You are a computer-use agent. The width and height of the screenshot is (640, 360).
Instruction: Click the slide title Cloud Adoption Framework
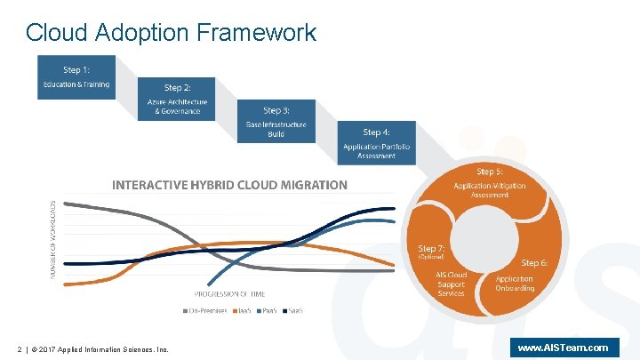(171, 33)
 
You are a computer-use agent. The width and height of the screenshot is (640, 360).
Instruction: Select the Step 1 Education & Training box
(76, 76)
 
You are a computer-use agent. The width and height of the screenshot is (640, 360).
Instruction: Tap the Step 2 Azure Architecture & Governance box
(177, 99)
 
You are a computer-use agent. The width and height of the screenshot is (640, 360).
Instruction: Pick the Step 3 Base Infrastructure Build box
(276, 121)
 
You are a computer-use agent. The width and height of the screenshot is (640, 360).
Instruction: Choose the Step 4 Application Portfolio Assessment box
(376, 143)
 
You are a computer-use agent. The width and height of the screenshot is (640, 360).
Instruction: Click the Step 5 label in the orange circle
(490, 172)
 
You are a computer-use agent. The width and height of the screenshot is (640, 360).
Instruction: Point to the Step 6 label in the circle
(534, 263)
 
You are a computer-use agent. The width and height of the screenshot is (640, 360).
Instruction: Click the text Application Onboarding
(516, 284)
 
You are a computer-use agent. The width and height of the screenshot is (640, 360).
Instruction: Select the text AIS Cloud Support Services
(451, 284)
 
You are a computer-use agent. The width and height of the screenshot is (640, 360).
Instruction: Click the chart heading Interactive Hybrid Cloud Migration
(229, 185)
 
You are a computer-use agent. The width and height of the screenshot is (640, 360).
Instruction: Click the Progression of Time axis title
(229, 294)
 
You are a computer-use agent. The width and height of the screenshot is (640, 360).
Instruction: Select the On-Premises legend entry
(211, 310)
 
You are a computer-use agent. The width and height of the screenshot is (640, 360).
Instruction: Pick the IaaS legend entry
(245, 310)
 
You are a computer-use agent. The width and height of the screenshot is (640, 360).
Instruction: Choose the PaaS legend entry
(270, 310)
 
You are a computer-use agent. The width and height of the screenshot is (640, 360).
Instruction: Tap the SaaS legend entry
(295, 310)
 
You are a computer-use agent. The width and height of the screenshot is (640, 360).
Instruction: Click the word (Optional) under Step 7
(431, 257)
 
